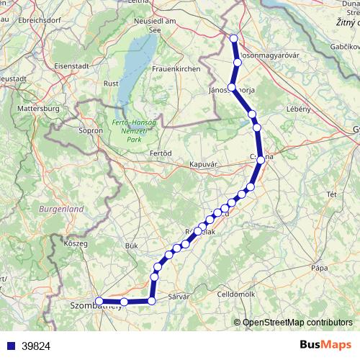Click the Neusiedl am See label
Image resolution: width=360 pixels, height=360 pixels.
155,25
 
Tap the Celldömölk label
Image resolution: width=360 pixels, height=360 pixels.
237,294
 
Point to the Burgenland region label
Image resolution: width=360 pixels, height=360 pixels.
62,209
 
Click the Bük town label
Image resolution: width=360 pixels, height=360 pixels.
131,246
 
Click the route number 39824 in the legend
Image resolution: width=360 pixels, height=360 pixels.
36,346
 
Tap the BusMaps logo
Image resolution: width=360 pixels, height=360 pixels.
326,345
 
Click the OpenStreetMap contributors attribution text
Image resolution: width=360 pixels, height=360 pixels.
296,323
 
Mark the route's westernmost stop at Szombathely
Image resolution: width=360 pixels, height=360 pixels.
99,302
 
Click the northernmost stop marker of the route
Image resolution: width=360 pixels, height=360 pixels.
233,39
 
